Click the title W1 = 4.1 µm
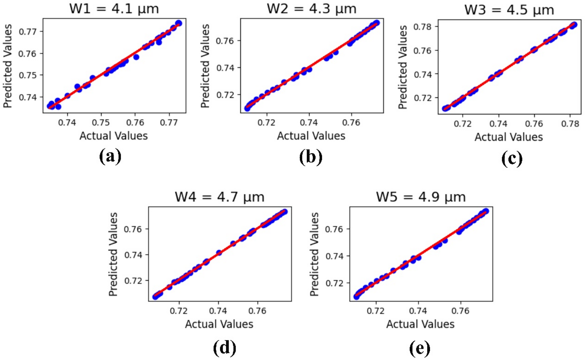tap(114, 8)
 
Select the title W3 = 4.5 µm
tap(509, 10)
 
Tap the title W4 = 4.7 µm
tap(219, 197)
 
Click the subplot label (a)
tap(110, 156)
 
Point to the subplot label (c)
tap(512, 158)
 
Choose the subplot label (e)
tap(420, 347)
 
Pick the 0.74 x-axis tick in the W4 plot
tap(218, 310)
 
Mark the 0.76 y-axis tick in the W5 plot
tap(334, 229)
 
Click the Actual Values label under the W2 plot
tap(311, 136)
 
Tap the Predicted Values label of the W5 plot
tap(314, 254)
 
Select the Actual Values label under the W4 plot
tap(219, 324)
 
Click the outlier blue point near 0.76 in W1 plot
tap(136, 57)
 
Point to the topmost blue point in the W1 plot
tap(179, 23)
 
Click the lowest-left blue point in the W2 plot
tap(247, 108)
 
